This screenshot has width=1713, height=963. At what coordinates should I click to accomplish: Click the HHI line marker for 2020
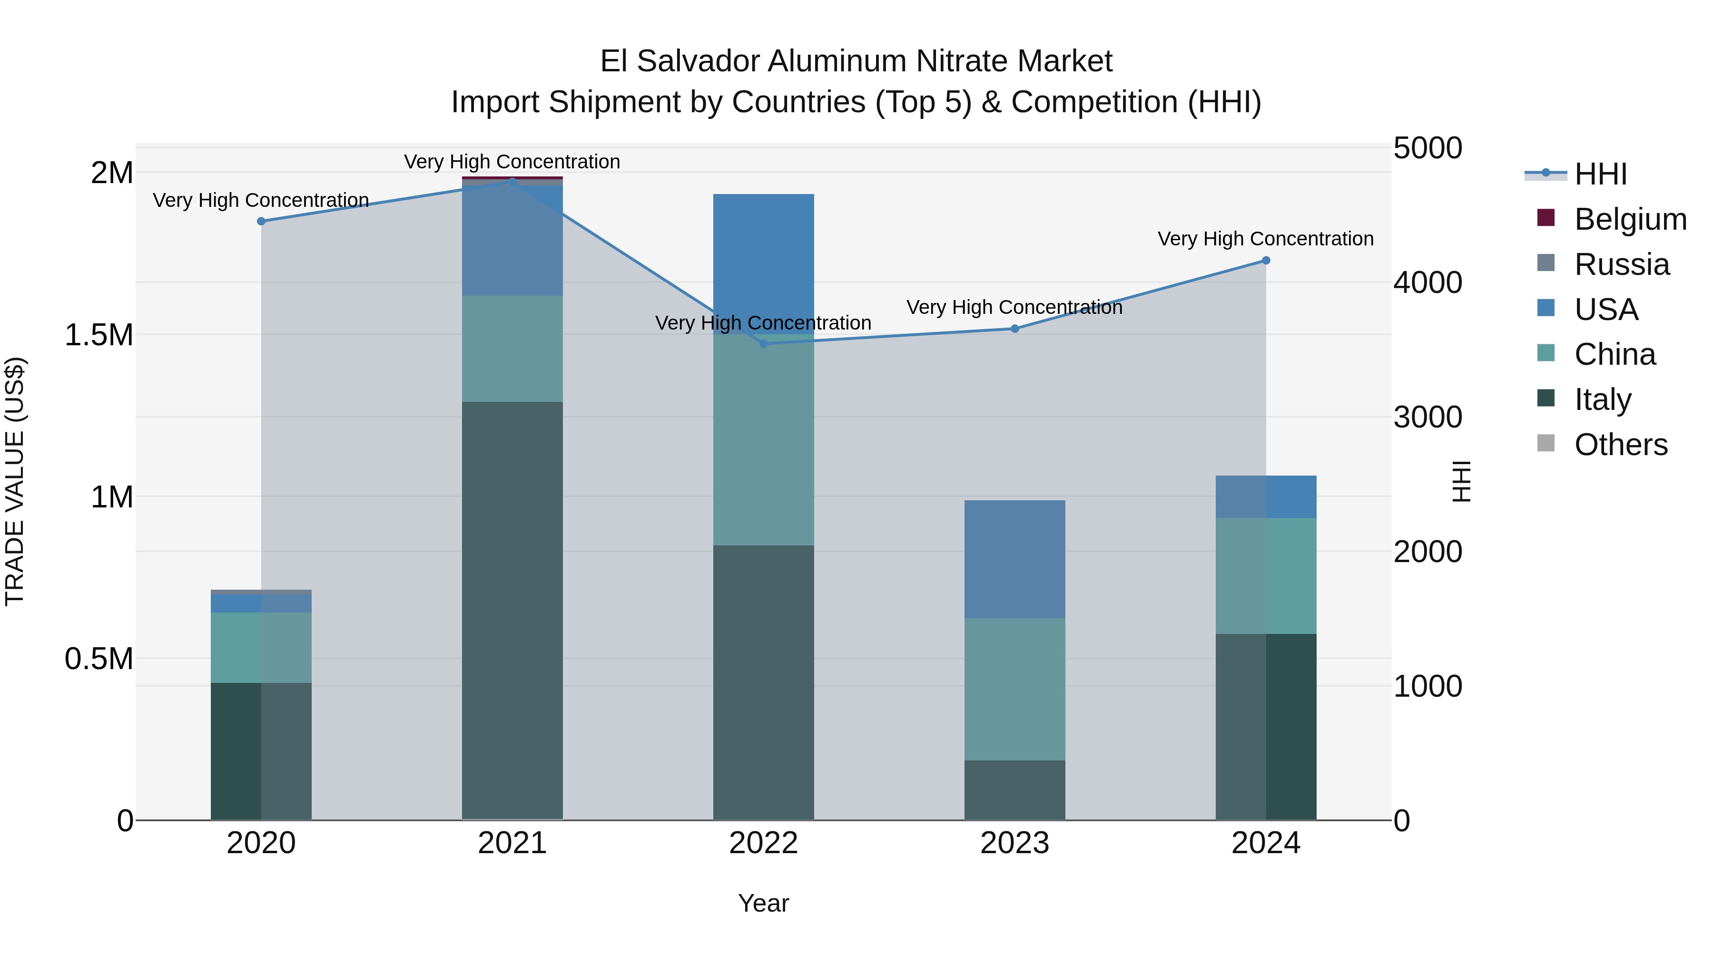point(261,221)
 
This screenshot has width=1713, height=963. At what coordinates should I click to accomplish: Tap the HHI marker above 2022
point(763,344)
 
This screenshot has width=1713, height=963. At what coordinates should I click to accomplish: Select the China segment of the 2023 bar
point(1015,689)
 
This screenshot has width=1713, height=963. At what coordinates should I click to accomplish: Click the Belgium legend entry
point(1630,219)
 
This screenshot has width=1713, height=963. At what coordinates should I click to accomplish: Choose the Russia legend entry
point(1621,264)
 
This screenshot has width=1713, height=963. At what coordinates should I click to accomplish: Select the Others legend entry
point(1621,445)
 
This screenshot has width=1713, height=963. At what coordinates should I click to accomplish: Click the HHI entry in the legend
point(1600,174)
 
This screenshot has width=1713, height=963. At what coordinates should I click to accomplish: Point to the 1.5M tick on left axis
point(99,335)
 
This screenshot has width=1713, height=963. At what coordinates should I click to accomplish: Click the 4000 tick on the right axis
point(1427,282)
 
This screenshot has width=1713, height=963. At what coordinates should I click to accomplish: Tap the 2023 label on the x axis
point(1015,843)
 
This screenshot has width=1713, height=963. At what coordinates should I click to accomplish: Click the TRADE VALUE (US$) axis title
point(15,481)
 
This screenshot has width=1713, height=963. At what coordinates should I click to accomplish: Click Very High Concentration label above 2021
point(512,162)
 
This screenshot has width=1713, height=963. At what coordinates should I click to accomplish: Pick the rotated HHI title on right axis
point(1461,481)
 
